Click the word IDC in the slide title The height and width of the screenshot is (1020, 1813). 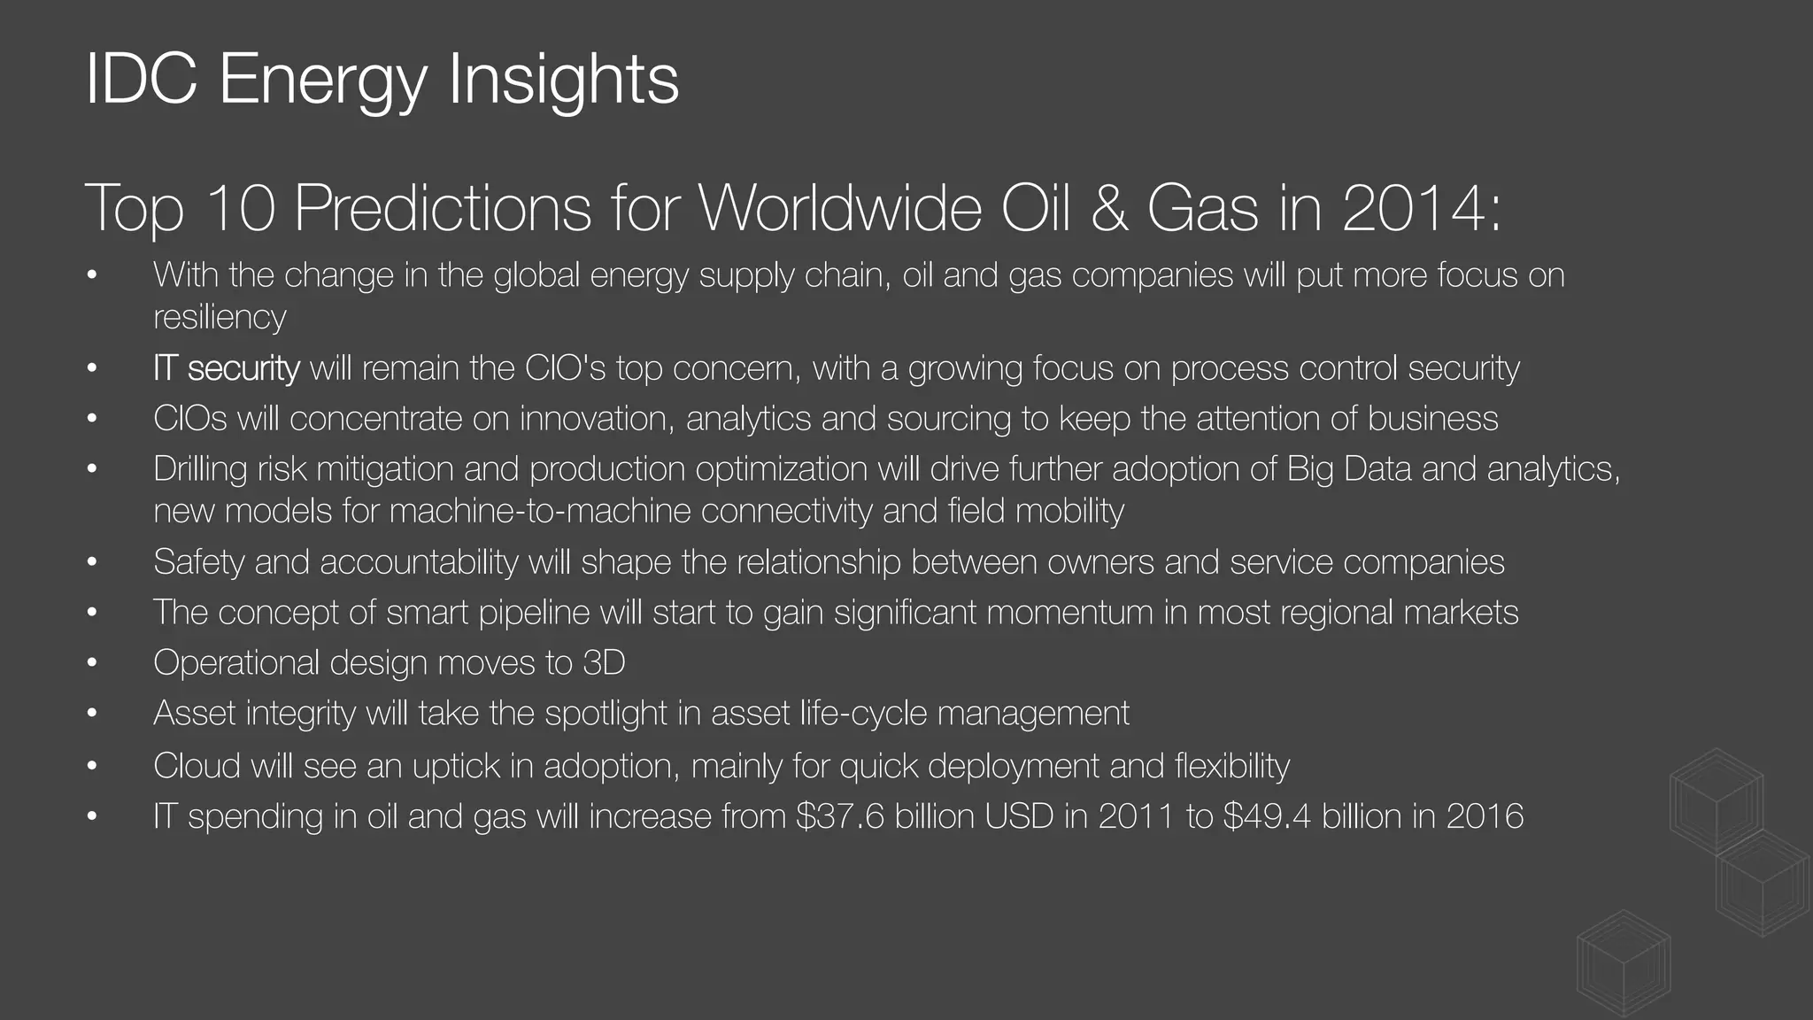(x=141, y=80)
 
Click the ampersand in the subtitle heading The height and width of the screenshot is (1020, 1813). (x=1109, y=208)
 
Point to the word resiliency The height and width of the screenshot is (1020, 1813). (x=220, y=317)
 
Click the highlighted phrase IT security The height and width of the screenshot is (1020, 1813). (x=227, y=367)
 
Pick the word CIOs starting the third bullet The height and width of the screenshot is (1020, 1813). (x=189, y=418)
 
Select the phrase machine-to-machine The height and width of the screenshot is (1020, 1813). (x=539, y=511)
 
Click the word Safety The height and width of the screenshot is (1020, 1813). (x=198, y=561)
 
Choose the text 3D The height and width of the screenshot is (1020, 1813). (x=604, y=662)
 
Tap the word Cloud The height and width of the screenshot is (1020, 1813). (x=196, y=765)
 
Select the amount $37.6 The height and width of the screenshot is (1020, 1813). (x=840, y=815)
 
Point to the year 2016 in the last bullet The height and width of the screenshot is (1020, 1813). (x=1485, y=815)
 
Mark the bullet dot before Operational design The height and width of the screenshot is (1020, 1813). (x=91, y=663)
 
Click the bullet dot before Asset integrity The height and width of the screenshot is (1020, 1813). (x=91, y=714)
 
